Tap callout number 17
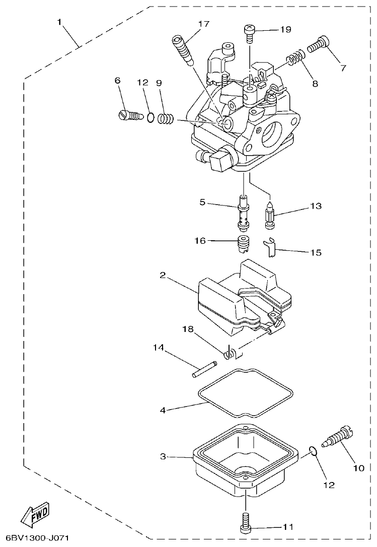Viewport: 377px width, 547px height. pos(203,24)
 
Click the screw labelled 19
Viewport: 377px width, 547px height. pos(250,31)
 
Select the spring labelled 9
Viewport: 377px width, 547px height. pos(166,119)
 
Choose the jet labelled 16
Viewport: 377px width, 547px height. pos(244,243)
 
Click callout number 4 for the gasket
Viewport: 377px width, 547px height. pos(163,411)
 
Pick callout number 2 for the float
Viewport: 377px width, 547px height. pos(163,275)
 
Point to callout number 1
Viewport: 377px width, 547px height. pos(59,22)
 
